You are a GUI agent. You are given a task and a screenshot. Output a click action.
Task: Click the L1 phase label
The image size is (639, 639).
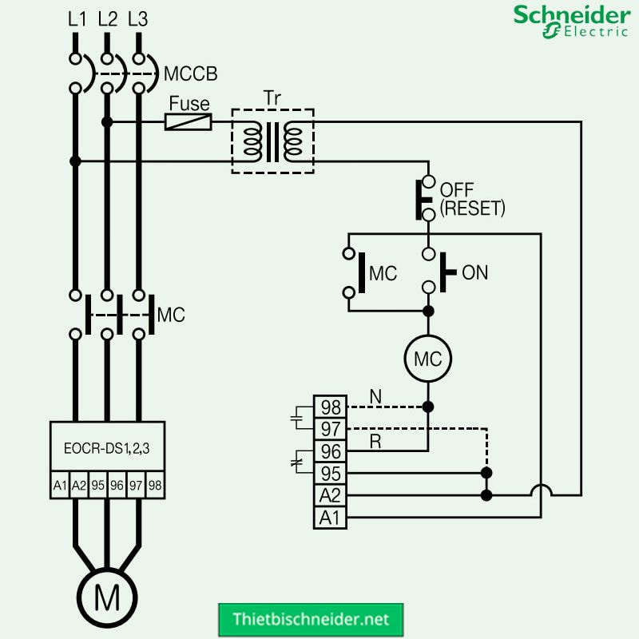click(77, 20)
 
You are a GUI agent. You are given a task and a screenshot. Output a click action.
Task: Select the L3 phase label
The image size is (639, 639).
click(138, 20)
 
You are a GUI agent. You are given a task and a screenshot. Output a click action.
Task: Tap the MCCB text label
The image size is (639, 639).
click(190, 74)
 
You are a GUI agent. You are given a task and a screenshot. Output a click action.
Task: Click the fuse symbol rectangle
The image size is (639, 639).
click(189, 122)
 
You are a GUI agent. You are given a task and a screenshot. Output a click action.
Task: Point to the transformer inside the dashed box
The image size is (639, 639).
click(272, 141)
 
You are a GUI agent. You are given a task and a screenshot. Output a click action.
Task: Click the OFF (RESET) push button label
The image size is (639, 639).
click(472, 200)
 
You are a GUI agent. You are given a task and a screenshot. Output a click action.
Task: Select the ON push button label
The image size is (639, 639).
click(474, 272)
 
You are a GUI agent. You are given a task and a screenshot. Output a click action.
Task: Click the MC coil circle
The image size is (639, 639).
click(427, 359)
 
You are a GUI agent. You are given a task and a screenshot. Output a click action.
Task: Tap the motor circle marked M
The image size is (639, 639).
click(107, 597)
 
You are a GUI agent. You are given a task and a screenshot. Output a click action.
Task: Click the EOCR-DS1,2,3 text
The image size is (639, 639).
click(107, 450)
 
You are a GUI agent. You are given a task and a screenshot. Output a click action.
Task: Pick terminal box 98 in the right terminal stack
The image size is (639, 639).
click(330, 407)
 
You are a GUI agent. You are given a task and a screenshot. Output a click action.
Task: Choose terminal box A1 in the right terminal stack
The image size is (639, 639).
click(330, 518)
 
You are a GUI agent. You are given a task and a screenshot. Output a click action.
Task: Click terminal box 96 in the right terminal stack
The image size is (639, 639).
click(330, 451)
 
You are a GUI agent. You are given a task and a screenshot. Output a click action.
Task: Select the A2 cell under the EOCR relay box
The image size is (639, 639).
click(78, 485)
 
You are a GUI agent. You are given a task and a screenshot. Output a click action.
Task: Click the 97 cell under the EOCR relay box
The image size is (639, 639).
click(136, 485)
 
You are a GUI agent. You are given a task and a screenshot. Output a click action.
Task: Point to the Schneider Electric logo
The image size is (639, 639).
click(570, 22)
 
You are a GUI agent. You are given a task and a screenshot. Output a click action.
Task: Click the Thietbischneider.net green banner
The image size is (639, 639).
click(311, 619)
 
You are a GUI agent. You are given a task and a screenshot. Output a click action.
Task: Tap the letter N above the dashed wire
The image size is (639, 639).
click(375, 395)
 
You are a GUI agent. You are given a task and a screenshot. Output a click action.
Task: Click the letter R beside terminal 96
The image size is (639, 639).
click(375, 441)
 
